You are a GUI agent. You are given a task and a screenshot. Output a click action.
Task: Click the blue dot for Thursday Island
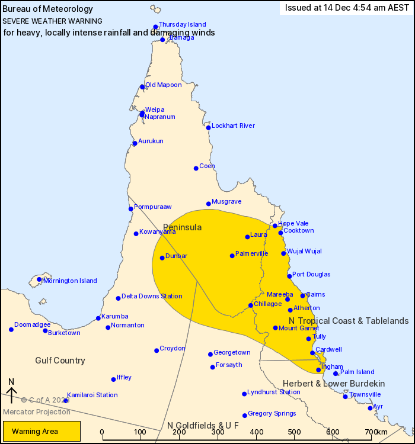[x=155, y=27]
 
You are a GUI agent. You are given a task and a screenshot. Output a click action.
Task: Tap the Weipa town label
[x=155, y=110]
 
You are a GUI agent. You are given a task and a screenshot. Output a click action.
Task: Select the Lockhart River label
[x=233, y=126]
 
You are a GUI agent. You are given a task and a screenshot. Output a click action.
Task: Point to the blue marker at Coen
[x=196, y=168]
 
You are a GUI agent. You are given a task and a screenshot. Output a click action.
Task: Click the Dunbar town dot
[x=162, y=258]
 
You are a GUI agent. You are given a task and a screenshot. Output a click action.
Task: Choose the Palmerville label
[x=251, y=253]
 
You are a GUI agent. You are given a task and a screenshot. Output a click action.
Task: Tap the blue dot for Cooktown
[x=280, y=233]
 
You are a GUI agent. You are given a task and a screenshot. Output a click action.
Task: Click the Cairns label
[x=315, y=294]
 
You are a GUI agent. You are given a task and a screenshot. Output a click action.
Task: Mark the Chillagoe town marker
[x=251, y=305]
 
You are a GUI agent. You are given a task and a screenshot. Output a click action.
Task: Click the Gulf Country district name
[x=60, y=361]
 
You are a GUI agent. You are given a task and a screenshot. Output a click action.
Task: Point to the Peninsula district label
[x=182, y=227]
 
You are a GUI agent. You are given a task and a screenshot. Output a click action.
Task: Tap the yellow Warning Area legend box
[x=41, y=431]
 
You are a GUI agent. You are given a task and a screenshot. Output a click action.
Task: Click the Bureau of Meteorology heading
[x=48, y=9]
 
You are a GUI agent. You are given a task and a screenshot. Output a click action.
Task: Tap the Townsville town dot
[x=345, y=396]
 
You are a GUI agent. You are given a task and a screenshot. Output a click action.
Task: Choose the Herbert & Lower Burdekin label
[x=334, y=383]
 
